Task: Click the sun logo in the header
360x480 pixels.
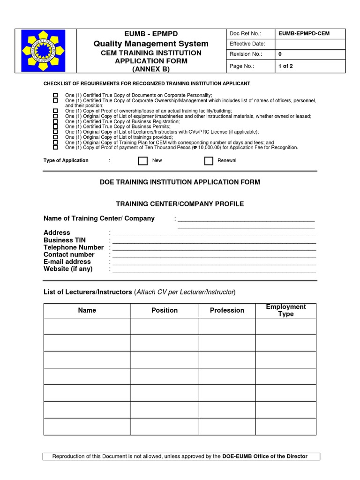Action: [44, 51]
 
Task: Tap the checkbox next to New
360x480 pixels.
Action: [143, 161]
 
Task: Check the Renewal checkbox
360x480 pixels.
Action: [209, 161]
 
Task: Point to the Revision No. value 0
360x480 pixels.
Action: [280, 54]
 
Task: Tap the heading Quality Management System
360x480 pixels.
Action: [151, 44]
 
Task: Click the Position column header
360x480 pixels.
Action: [165, 310]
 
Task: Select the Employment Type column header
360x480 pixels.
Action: [285, 310]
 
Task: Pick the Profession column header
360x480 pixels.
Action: [227, 310]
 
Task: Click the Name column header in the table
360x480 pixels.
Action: [87, 310]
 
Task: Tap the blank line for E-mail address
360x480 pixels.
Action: [214, 263]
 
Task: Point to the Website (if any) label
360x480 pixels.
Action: [68, 269]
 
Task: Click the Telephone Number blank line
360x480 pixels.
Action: [214, 248]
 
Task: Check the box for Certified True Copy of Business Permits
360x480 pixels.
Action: [55, 127]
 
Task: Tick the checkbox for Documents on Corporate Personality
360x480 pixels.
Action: [55, 95]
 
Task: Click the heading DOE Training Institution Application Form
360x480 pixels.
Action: [180, 182]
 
